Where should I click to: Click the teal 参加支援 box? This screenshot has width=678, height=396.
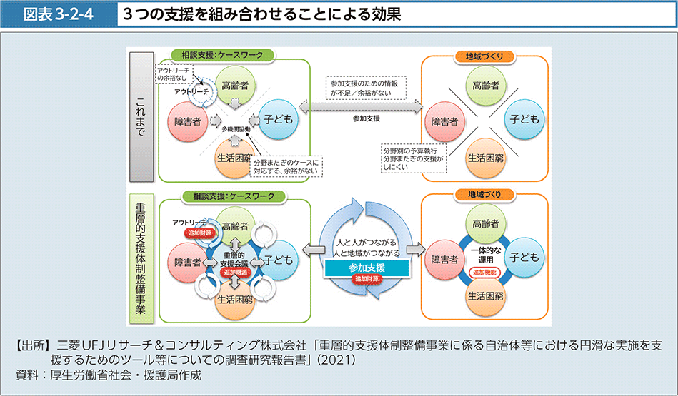point(367,268)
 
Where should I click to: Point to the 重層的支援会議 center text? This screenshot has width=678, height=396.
point(235,259)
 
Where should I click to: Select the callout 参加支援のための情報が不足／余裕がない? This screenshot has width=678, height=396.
point(365,88)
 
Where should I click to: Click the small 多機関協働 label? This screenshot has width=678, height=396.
point(235,128)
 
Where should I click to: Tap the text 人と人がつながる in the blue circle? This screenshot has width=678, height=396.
point(366,243)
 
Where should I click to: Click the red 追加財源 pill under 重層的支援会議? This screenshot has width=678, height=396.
point(235,273)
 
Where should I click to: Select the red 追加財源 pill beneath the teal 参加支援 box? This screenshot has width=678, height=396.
point(367,280)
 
